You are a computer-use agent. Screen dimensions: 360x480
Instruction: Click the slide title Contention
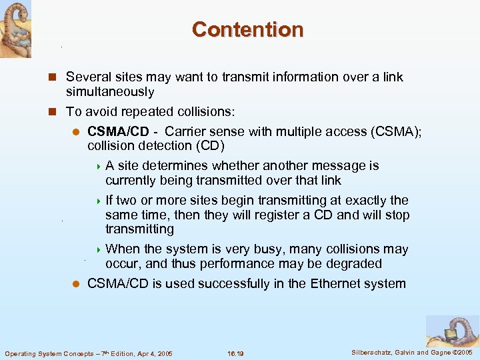click(x=247, y=29)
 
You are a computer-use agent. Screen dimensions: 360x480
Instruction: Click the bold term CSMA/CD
click(x=118, y=131)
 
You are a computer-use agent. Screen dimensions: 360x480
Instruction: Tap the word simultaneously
click(x=110, y=92)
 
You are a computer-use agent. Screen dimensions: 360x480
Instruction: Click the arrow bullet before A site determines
click(x=99, y=166)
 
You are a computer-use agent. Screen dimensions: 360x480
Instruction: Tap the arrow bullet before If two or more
click(x=99, y=201)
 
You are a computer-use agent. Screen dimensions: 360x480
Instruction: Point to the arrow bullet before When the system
click(x=99, y=249)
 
